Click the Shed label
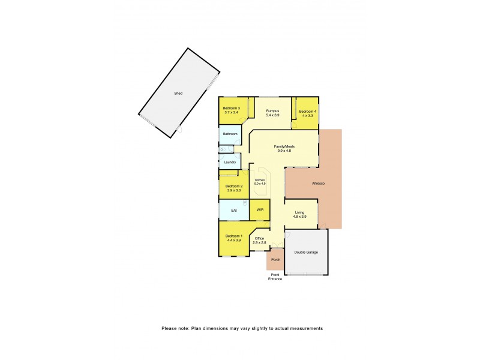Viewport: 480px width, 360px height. point(178,94)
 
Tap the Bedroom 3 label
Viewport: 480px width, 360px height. point(232,108)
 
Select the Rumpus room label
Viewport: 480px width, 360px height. point(273,110)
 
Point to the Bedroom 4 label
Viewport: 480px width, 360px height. point(307,112)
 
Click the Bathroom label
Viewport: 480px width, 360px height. point(230,134)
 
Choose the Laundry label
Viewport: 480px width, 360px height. point(230,162)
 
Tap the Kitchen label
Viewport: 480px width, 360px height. point(260,180)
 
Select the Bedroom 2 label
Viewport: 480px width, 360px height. point(233,186)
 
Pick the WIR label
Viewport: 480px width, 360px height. point(260,210)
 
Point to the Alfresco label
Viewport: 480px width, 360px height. point(318,183)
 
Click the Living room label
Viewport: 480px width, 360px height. point(300,212)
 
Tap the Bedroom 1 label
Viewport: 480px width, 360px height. point(233,236)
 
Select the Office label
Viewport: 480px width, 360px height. point(259,238)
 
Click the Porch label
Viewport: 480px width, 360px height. point(275,260)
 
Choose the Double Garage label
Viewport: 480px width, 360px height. point(306,252)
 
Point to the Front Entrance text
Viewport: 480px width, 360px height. point(275,277)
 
